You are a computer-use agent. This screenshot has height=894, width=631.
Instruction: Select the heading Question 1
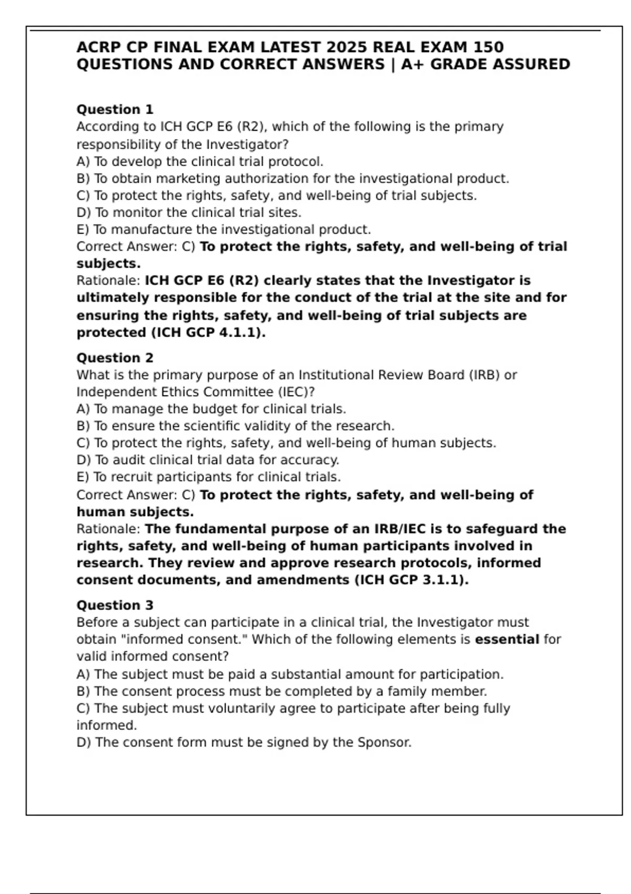coord(115,109)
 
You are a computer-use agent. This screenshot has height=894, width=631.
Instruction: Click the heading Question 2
coord(115,358)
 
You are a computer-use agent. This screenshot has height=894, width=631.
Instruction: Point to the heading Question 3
coord(115,605)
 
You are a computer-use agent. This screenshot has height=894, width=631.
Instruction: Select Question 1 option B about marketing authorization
coord(292,178)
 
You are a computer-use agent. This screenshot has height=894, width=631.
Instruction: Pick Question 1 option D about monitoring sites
coord(189,212)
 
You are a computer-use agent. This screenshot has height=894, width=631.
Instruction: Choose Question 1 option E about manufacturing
coord(223,229)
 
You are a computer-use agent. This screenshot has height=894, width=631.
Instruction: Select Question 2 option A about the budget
coord(211,409)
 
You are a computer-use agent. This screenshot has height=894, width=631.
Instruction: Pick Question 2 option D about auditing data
coord(208,460)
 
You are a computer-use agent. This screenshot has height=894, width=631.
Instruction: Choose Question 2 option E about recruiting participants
coord(208,476)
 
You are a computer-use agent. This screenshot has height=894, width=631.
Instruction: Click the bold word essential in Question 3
coord(507,639)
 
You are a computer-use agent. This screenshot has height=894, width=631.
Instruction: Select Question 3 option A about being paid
coord(290,674)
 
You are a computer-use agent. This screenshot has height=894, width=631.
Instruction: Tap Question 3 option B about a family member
coord(281,691)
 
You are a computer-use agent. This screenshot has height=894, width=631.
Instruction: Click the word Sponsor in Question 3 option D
coord(383,742)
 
